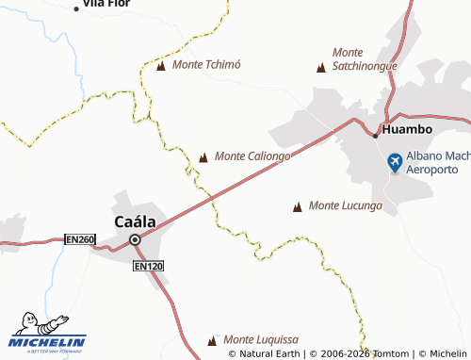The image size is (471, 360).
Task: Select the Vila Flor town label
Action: (x=106, y=4)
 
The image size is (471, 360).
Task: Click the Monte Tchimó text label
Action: (x=207, y=65)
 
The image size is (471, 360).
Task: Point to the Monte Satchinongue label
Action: (x=366, y=59)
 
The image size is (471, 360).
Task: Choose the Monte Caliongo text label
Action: (x=252, y=155)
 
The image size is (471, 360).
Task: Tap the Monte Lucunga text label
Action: (x=345, y=205)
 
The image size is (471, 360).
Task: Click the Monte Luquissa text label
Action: (x=260, y=339)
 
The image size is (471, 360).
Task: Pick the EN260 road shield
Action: (x=80, y=240)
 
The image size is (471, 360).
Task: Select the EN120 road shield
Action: (x=148, y=268)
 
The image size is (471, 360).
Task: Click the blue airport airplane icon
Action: (x=395, y=163)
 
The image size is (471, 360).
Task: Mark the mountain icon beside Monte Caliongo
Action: (x=204, y=156)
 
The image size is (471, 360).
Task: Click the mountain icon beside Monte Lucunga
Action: (x=299, y=205)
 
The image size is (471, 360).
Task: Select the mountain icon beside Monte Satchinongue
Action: (x=321, y=67)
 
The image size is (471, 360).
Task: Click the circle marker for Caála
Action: (x=135, y=239)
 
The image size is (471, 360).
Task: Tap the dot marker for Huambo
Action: (x=375, y=135)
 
